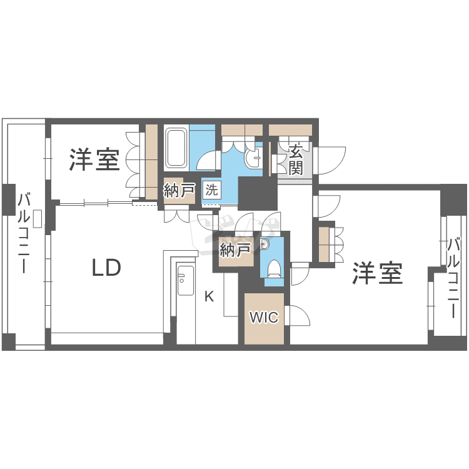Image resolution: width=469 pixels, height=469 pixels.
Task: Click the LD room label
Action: (106, 268)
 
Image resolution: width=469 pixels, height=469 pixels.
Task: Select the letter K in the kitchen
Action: (209, 296)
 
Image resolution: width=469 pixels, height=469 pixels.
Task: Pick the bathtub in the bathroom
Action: (176, 148)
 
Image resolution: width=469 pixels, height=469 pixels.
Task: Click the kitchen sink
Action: (186, 280)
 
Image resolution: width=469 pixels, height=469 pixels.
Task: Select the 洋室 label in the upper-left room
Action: (94, 159)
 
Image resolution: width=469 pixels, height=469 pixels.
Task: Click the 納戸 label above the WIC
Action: (235, 250)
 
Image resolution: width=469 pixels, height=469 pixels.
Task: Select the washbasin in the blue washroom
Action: (254, 157)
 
